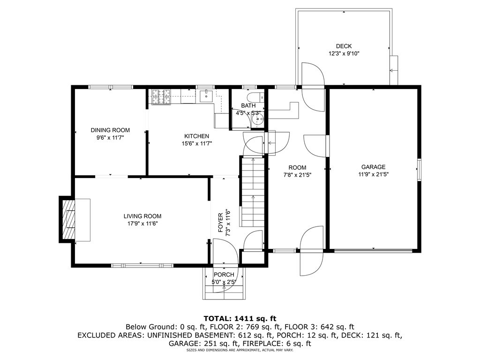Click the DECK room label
point(344,46)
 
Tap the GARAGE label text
point(373,167)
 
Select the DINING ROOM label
point(110,130)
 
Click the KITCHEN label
point(196,136)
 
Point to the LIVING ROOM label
point(142,216)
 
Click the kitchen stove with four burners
point(161,97)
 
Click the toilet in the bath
point(255,97)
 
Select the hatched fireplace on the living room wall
point(68,219)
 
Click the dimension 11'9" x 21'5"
point(374,174)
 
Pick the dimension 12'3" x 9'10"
point(344,53)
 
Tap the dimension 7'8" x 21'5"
point(297,175)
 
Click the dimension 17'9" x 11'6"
point(142,224)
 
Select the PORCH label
point(224,275)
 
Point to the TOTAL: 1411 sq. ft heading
point(240,319)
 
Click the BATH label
point(248,105)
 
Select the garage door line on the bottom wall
point(373,251)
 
